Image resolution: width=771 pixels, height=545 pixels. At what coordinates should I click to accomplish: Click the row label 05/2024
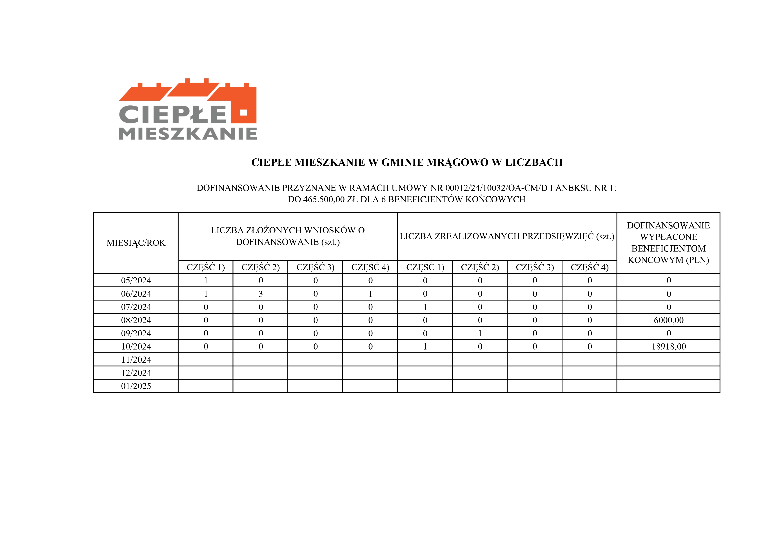(x=136, y=280)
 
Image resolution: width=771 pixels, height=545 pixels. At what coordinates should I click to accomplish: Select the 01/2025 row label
(x=136, y=386)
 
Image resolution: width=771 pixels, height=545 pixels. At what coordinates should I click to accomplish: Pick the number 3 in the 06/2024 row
(x=261, y=294)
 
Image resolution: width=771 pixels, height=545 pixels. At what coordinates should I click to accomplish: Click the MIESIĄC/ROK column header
(x=136, y=243)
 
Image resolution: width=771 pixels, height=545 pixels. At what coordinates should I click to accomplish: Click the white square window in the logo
(x=243, y=112)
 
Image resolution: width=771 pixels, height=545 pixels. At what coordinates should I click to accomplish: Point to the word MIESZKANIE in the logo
(x=188, y=134)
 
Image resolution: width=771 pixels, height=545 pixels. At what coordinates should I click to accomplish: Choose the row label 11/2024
(x=136, y=360)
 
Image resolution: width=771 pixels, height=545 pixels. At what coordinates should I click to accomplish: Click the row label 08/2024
(x=136, y=320)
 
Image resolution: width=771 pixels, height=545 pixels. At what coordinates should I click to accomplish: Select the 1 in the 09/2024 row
(x=480, y=333)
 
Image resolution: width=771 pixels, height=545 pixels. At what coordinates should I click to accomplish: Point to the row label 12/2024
(x=136, y=373)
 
